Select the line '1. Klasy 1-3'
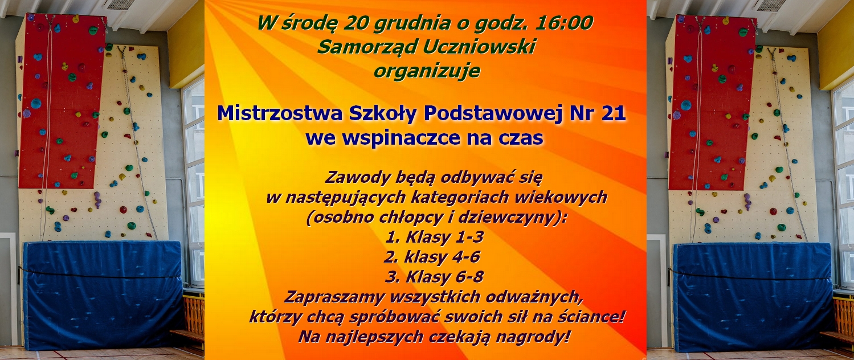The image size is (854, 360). [x=434, y=237]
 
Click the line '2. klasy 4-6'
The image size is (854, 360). [x=432, y=257]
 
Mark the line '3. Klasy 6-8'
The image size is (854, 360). [x=434, y=277]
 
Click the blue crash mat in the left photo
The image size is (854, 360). [x=102, y=295]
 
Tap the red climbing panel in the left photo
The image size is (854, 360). [x=62, y=101]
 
